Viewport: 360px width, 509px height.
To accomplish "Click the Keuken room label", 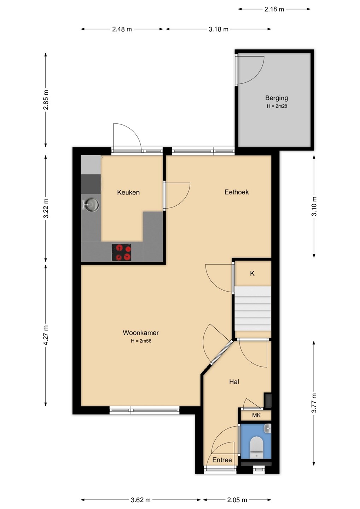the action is [x=128, y=192].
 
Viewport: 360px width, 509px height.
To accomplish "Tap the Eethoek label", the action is [x=237, y=192].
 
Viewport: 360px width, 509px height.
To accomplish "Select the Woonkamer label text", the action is [x=141, y=333].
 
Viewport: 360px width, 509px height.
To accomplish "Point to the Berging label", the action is [x=277, y=98].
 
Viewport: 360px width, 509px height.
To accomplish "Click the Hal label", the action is [x=234, y=381].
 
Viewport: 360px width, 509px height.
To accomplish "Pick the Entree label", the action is [x=222, y=460].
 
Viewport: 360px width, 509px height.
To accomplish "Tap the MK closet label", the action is [x=256, y=415].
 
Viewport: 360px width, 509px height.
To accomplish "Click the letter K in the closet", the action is [x=252, y=274].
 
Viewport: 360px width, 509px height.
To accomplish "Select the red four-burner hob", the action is [x=121, y=252].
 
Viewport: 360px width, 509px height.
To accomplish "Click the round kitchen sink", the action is [x=92, y=204].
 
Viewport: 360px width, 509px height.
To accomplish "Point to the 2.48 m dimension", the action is [x=122, y=29].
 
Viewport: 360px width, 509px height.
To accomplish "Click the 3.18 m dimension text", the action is [x=219, y=29].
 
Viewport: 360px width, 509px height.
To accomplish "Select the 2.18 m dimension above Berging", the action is [x=274, y=9].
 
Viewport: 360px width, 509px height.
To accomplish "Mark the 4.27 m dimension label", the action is [x=46, y=335].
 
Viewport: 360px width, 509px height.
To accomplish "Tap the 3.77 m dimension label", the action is [x=314, y=403].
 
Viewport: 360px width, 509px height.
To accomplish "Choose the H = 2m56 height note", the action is [x=141, y=341].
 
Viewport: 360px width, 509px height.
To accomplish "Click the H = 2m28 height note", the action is [x=277, y=106].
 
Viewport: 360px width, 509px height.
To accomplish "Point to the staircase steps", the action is [x=253, y=308].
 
